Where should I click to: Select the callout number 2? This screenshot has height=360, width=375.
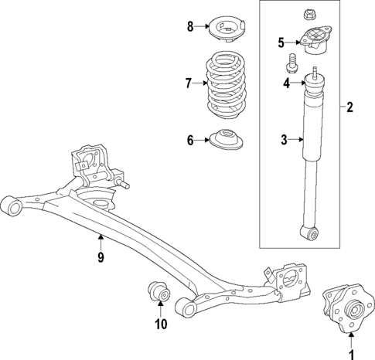tap(349, 108)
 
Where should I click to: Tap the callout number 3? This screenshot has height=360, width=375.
tap(284, 140)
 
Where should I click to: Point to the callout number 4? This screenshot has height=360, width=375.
tap(285, 83)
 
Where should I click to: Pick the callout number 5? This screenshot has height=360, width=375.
tap(281, 42)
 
